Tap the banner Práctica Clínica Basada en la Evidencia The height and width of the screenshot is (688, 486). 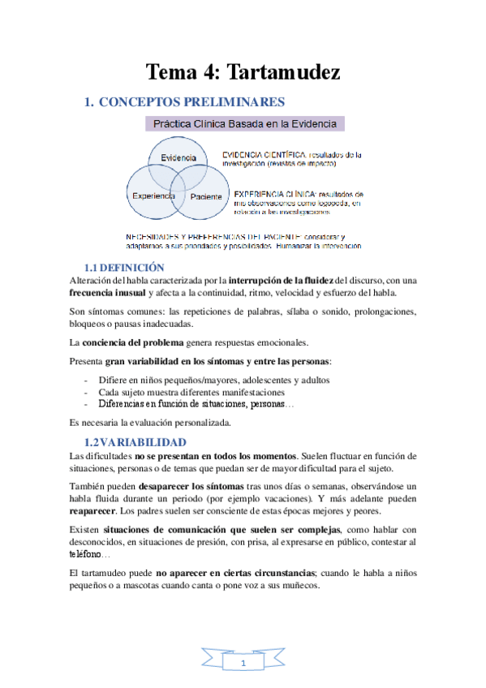point(245,124)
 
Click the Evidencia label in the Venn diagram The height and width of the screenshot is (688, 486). point(178,157)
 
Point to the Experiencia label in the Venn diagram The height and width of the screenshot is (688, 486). point(153,196)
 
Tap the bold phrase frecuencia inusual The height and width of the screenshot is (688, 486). point(108,293)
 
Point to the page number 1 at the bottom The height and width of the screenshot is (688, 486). point(243,664)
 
